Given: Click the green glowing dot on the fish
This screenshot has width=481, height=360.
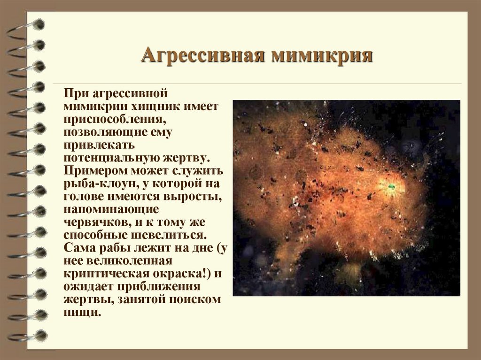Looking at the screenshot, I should (390, 187).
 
